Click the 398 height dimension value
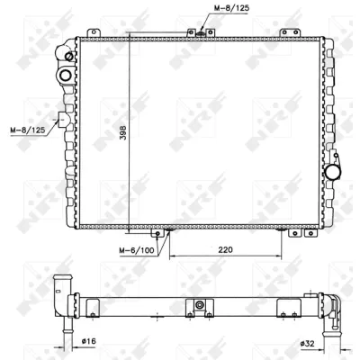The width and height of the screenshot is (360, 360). pyautogui.click(x=123, y=132)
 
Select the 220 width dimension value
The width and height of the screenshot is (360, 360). pyautogui.click(x=225, y=249)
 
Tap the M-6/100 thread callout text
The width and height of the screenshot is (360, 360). pyautogui.click(x=137, y=250)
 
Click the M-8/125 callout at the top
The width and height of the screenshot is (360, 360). pyautogui.click(x=231, y=8)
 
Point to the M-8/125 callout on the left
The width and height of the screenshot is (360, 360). pyautogui.click(x=28, y=130)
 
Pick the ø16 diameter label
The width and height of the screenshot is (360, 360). pyautogui.click(x=88, y=341)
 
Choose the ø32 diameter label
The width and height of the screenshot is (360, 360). pyautogui.click(x=307, y=343)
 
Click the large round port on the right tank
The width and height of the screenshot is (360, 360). pyautogui.click(x=333, y=172)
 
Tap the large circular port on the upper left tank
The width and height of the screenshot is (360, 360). pyautogui.click(x=65, y=75)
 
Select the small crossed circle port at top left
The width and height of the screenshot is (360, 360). pyautogui.click(x=69, y=56)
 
